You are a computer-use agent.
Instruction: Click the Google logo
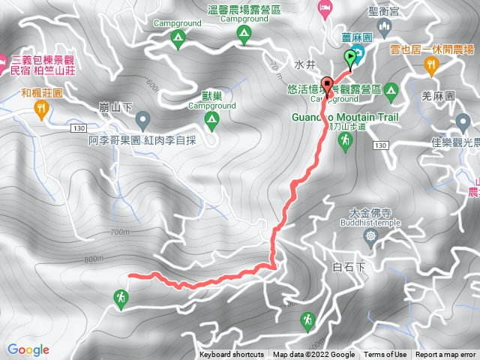pos(28,349)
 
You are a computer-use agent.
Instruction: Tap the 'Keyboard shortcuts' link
pos(231,355)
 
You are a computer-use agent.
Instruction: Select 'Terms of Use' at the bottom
pos(385,355)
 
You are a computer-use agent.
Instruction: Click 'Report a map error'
pos(446,355)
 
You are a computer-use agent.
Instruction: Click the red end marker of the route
pos(327,84)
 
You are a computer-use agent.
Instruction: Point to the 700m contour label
pos(119,232)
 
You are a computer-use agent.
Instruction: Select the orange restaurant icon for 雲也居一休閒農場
pos(431,66)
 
